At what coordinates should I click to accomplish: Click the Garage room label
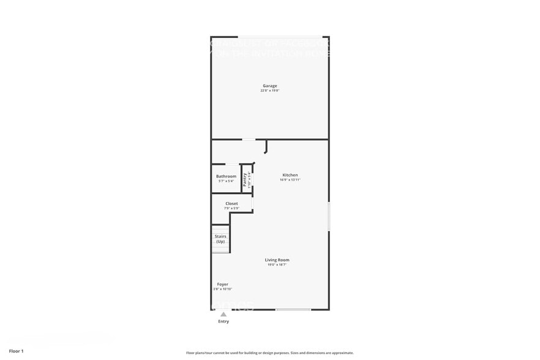[x=270, y=86]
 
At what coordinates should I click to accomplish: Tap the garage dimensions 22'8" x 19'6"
[x=270, y=91]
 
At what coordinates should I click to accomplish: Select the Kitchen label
[x=290, y=175]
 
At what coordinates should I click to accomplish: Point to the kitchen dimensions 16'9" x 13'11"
[x=290, y=180]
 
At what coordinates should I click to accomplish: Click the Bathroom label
[x=226, y=176]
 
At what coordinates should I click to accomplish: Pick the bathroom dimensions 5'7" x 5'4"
[x=226, y=181]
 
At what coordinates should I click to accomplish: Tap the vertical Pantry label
[x=245, y=179]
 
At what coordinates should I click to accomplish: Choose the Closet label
[x=231, y=204]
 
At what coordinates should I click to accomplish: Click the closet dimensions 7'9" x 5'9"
[x=231, y=209]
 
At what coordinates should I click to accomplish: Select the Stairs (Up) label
[x=220, y=239]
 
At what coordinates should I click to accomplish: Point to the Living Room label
[x=277, y=260]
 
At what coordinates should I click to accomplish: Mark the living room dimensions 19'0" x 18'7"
[x=277, y=265]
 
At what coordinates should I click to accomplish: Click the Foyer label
[x=223, y=284]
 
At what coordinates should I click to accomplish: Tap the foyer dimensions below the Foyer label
[x=223, y=289]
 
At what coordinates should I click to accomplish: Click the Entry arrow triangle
[x=223, y=315]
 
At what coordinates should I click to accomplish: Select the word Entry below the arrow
[x=223, y=321]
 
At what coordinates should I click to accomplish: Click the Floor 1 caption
[x=16, y=351]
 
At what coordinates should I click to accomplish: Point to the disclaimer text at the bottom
[x=269, y=353]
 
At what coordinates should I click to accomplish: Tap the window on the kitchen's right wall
[x=329, y=216]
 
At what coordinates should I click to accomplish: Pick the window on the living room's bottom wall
[x=293, y=309]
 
